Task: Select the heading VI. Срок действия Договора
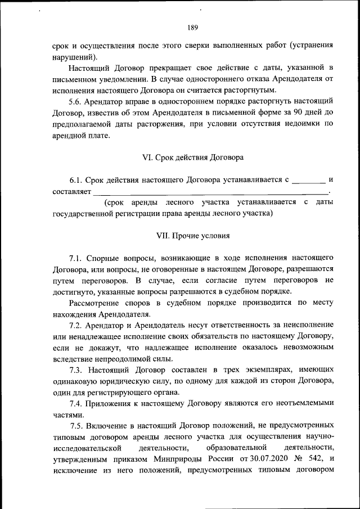point(193,158)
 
